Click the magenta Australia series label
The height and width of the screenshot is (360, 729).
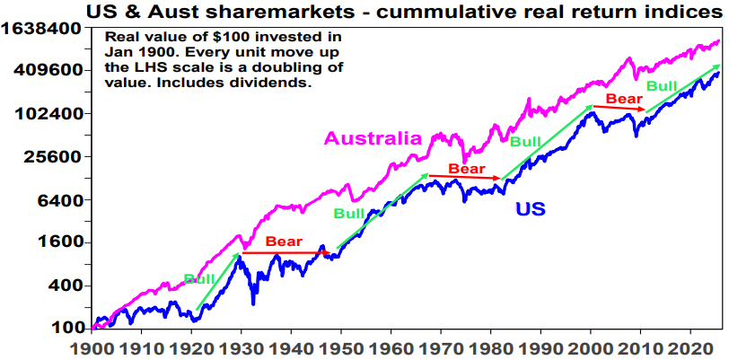373,138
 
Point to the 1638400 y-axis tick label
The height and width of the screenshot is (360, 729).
44,29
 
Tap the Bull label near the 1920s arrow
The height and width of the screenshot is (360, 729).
199,279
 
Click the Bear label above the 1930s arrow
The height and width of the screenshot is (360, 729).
284,241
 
